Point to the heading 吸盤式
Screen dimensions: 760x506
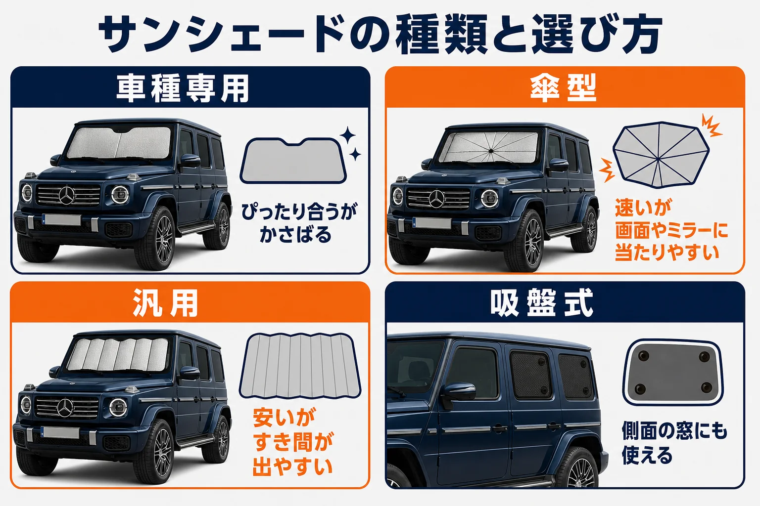[541, 302]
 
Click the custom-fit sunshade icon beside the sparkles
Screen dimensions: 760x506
[293, 160]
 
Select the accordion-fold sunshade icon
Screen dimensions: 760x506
[300, 366]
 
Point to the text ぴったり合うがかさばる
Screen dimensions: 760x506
[299, 223]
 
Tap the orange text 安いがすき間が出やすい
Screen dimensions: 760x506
[293, 442]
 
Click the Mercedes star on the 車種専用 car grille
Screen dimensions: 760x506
[67, 196]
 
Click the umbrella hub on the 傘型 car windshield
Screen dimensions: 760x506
[491, 149]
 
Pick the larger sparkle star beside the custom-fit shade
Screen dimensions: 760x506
[348, 135]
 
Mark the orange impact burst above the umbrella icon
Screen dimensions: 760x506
[711, 126]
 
